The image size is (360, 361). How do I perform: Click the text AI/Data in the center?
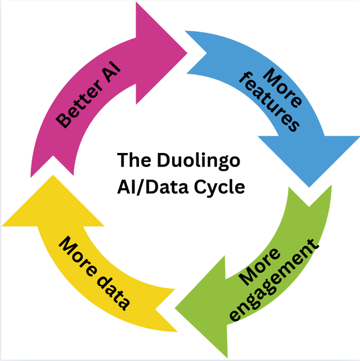click(x=151, y=187)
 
